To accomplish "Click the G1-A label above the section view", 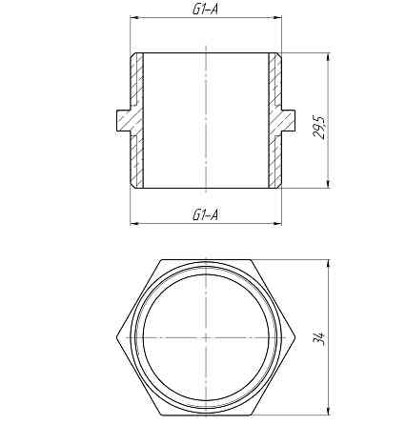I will click(x=205, y=10).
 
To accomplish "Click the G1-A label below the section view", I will click(x=205, y=215).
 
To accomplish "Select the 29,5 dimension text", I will click(x=319, y=127).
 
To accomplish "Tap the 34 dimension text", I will click(x=319, y=337).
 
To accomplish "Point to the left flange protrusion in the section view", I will click(x=123, y=120).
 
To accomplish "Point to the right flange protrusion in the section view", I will click(x=289, y=120).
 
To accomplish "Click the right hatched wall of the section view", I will click(x=274, y=120).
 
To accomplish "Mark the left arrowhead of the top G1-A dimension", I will click(x=133, y=17).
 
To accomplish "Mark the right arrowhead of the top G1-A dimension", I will click(x=278, y=17).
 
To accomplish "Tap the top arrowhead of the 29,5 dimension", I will click(x=328, y=56).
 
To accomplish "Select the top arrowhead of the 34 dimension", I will click(x=328, y=260).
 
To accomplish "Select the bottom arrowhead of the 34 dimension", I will click(x=328, y=415).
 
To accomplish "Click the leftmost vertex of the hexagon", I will click(x=115, y=337).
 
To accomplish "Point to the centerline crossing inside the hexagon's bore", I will click(x=206, y=337).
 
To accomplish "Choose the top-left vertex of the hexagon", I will click(x=160, y=258).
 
